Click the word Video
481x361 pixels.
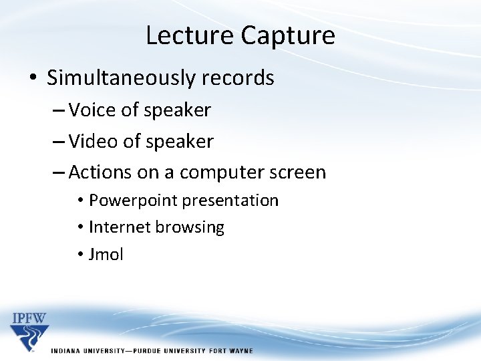tap(94, 141)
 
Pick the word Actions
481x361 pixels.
tap(100, 172)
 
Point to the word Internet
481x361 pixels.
tap(120, 227)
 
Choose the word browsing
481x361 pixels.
tap(190, 227)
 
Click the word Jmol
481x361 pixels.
tap(106, 255)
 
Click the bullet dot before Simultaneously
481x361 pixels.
tap(33, 79)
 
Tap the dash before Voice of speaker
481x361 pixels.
tap(58, 110)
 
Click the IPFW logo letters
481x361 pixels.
tap(29, 318)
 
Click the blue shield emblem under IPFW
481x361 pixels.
tap(29, 337)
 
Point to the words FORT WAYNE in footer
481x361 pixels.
tap(230, 350)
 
